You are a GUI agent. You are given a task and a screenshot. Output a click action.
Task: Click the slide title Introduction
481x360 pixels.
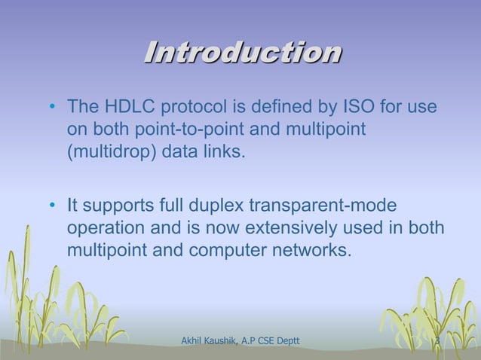242,53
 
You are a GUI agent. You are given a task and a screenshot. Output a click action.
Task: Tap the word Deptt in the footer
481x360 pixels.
285,342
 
